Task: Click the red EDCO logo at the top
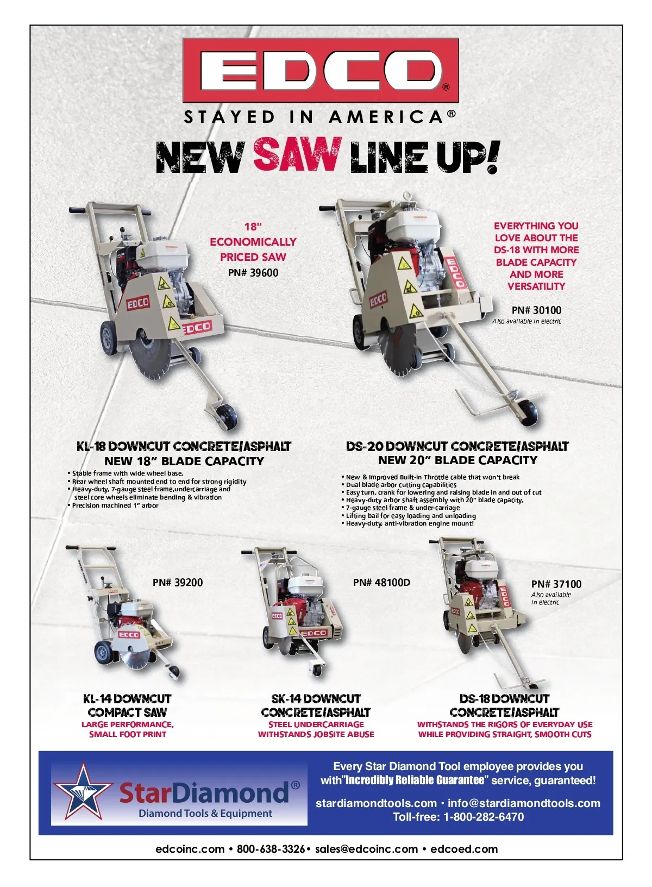[x=320, y=71]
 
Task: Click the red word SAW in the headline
[x=298, y=155]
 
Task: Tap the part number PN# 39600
[x=253, y=273]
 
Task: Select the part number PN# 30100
[x=536, y=310]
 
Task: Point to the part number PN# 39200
[x=178, y=583]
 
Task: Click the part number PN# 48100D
[x=381, y=583]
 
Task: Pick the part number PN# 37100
[x=556, y=584]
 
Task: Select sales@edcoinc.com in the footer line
[x=366, y=849]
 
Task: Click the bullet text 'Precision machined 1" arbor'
[x=115, y=505]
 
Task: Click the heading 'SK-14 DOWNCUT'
[x=316, y=699]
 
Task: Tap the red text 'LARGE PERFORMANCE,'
[x=128, y=724]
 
